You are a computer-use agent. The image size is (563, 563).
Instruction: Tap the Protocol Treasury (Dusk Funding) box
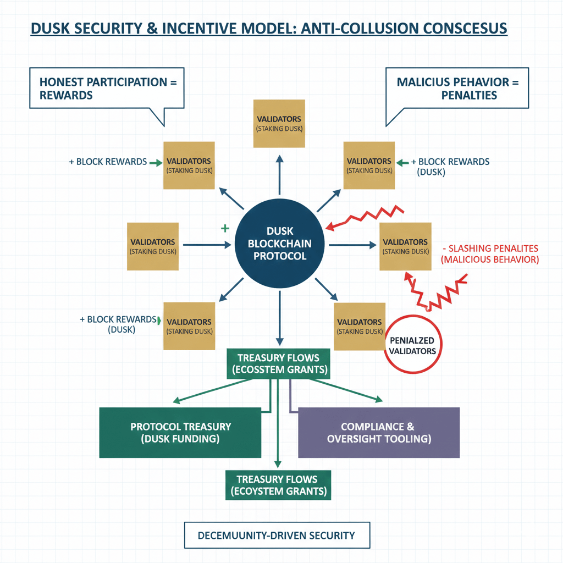click(x=180, y=433)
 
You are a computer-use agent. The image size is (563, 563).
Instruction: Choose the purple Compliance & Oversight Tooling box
click(x=378, y=433)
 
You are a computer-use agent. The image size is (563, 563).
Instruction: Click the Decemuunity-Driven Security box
click(x=277, y=535)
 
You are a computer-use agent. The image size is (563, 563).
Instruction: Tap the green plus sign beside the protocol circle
click(x=224, y=228)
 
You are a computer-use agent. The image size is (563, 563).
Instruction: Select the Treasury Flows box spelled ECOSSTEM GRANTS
click(x=278, y=363)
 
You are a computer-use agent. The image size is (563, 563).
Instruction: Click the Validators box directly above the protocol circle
click(x=279, y=123)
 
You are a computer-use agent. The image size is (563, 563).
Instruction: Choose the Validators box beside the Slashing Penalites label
click(x=405, y=246)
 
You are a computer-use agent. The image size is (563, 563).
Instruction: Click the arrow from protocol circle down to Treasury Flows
click(x=279, y=319)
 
